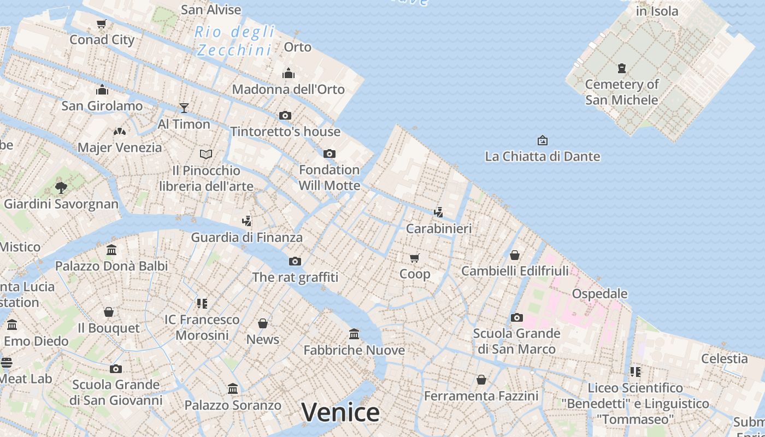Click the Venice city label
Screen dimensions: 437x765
(340, 412)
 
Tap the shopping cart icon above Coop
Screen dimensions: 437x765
(415, 258)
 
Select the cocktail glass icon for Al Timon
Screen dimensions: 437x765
(184, 108)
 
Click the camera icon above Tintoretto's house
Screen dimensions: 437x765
(285, 115)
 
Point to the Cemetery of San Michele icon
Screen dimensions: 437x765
(621, 68)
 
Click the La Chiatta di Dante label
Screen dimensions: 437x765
(542, 157)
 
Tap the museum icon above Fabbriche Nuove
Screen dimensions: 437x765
(354, 334)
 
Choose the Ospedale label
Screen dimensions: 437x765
(599, 294)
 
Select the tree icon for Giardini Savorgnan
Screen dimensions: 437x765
(61, 188)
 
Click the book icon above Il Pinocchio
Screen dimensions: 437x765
(206, 154)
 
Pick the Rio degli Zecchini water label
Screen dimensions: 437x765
(234, 41)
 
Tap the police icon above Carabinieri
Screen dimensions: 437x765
(438, 212)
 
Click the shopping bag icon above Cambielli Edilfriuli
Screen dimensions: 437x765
(514, 255)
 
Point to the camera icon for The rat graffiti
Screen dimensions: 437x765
(295, 261)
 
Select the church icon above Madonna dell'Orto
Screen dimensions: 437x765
(288, 73)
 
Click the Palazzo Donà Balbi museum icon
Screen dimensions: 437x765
(111, 250)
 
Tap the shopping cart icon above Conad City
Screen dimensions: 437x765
(101, 23)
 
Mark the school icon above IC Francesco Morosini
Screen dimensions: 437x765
(202, 303)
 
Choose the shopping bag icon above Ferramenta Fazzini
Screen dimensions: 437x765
(481, 379)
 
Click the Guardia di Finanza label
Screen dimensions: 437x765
(246, 238)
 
